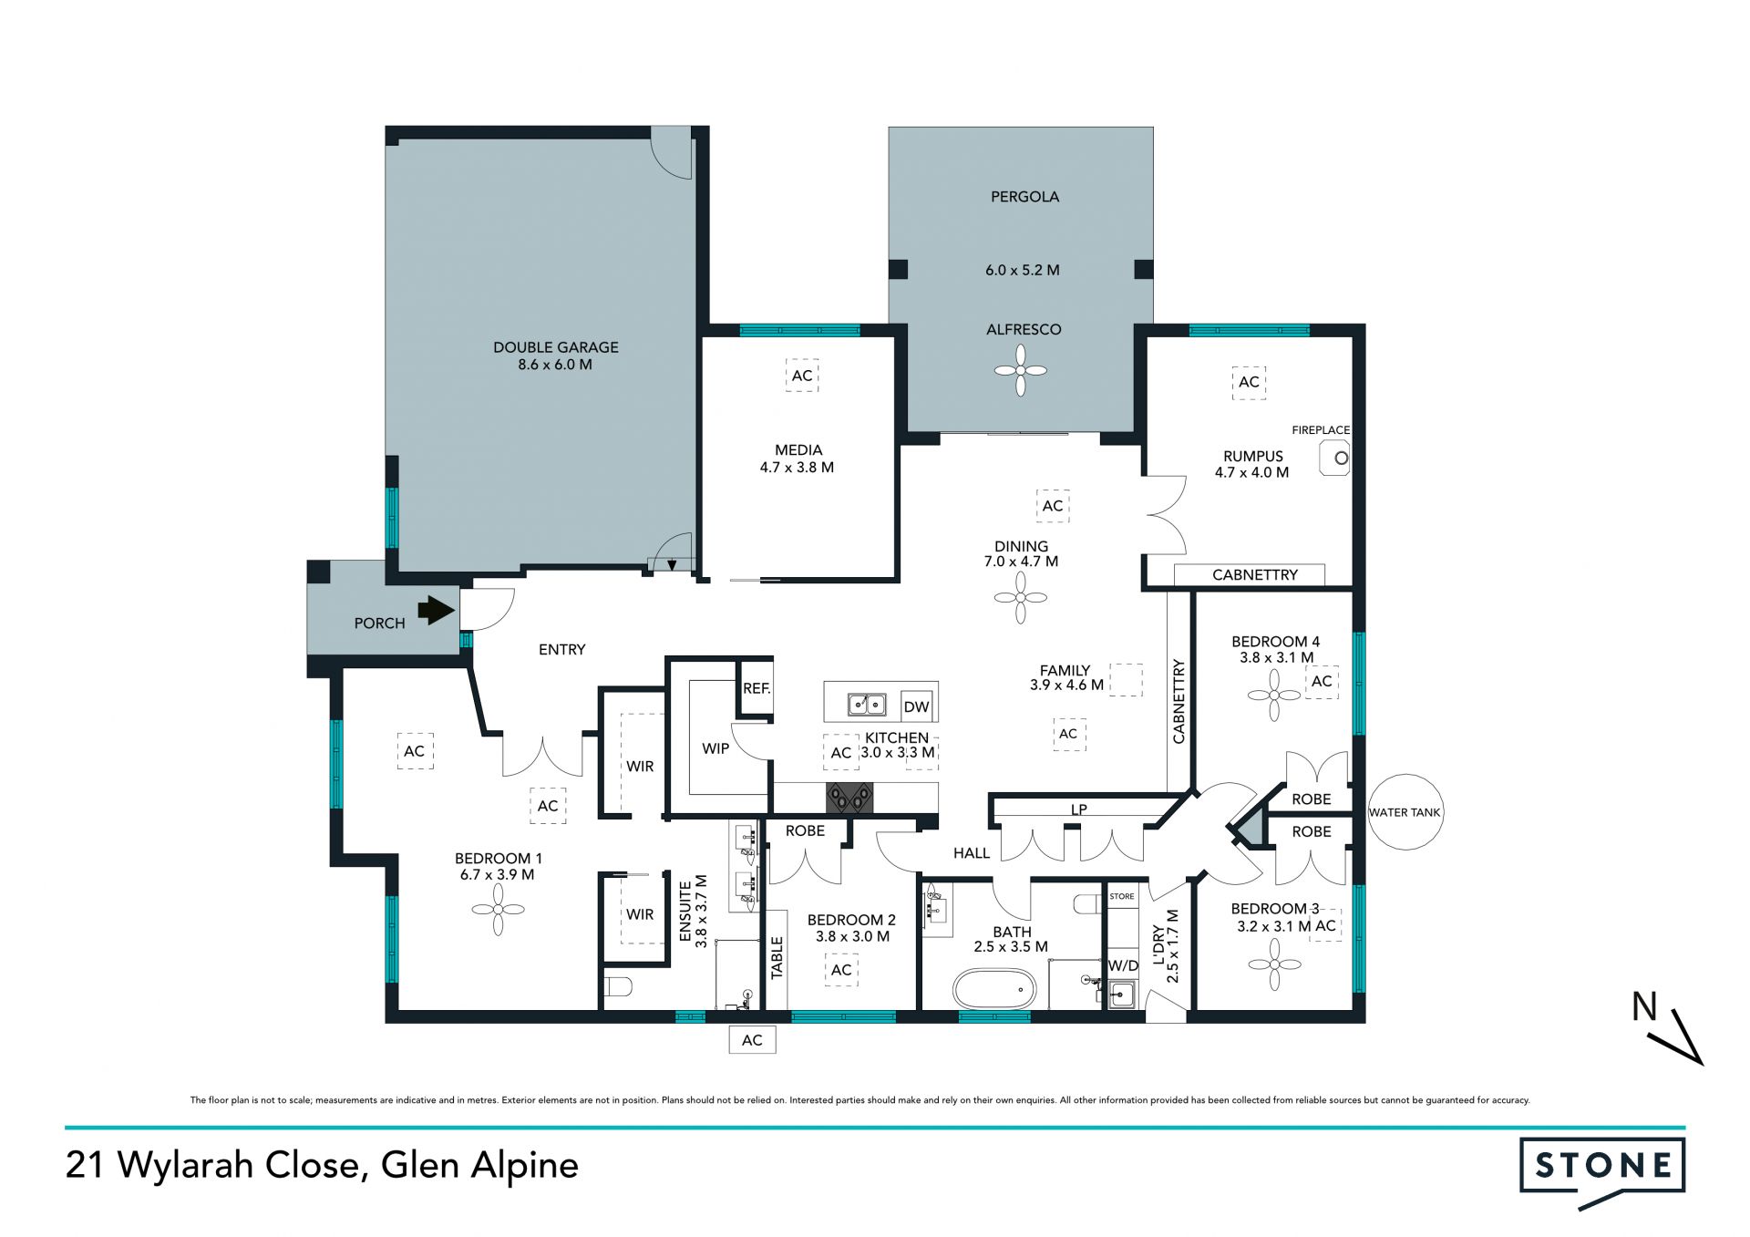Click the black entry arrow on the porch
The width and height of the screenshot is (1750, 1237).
click(x=437, y=610)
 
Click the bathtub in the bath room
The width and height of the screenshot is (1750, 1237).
click(x=994, y=989)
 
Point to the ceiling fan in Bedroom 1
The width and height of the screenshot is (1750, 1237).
click(x=499, y=909)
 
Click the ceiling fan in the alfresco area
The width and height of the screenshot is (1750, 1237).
click(x=1021, y=370)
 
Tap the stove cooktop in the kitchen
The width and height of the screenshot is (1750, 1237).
click(x=849, y=798)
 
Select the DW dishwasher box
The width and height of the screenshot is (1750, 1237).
click(x=916, y=706)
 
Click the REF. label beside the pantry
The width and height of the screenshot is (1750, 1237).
click(x=757, y=689)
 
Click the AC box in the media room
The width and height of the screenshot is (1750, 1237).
click(x=802, y=376)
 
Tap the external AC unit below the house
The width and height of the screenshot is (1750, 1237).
click(x=752, y=1040)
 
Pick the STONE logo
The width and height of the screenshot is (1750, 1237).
click(x=1602, y=1170)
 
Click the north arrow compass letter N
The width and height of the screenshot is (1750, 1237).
click(x=1644, y=1007)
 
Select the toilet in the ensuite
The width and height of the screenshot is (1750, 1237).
click(x=618, y=987)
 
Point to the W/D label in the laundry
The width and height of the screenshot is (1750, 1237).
click(x=1123, y=965)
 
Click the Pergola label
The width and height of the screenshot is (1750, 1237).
click(x=1024, y=197)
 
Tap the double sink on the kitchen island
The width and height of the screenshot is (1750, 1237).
click(x=867, y=705)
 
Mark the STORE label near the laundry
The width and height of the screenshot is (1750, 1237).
click(x=1122, y=897)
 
